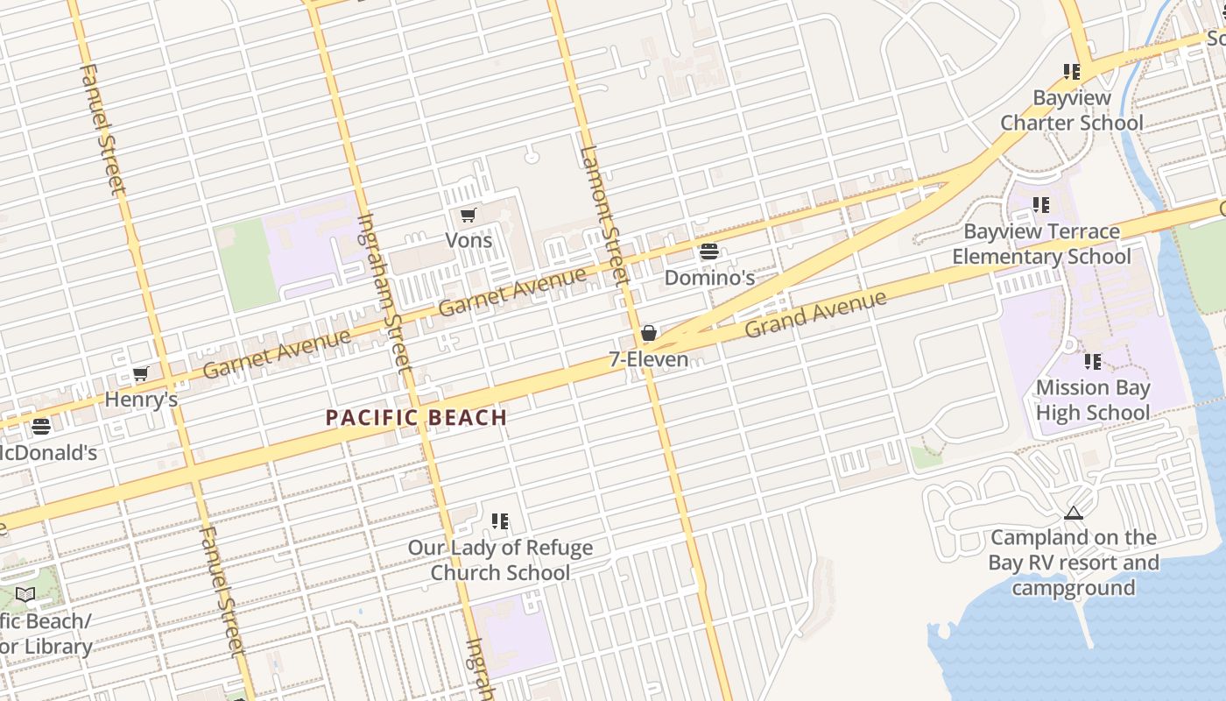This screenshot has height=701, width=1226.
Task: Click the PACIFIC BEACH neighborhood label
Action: point(416,417)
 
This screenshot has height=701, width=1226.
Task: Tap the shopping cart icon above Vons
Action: point(469,215)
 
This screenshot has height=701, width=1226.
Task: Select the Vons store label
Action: point(469,240)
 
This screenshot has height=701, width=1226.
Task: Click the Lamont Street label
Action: point(603,214)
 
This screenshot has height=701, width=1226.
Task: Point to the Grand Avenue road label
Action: point(815,315)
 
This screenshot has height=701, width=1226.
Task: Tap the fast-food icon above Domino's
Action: point(708,252)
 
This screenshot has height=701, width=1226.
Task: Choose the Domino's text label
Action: point(709,278)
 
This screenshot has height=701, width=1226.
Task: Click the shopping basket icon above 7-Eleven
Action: point(649,333)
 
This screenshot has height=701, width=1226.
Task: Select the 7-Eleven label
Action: point(649,359)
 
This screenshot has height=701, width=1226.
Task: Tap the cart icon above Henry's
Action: point(140,374)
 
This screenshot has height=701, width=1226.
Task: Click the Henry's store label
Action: point(141,400)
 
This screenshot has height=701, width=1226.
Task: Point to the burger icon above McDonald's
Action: point(41,427)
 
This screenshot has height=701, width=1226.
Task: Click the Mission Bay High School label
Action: point(1092,400)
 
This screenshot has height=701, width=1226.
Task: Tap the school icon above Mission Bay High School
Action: point(1092,361)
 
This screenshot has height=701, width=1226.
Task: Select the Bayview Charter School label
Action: point(1072,110)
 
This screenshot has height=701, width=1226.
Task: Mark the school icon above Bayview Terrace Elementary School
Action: point(1040,205)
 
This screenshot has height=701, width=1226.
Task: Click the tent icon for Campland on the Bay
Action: point(1074,513)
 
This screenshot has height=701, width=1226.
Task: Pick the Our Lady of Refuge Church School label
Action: point(500,560)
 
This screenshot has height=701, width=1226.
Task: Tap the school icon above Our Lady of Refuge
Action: point(500,521)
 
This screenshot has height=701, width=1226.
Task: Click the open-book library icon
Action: point(25,595)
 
